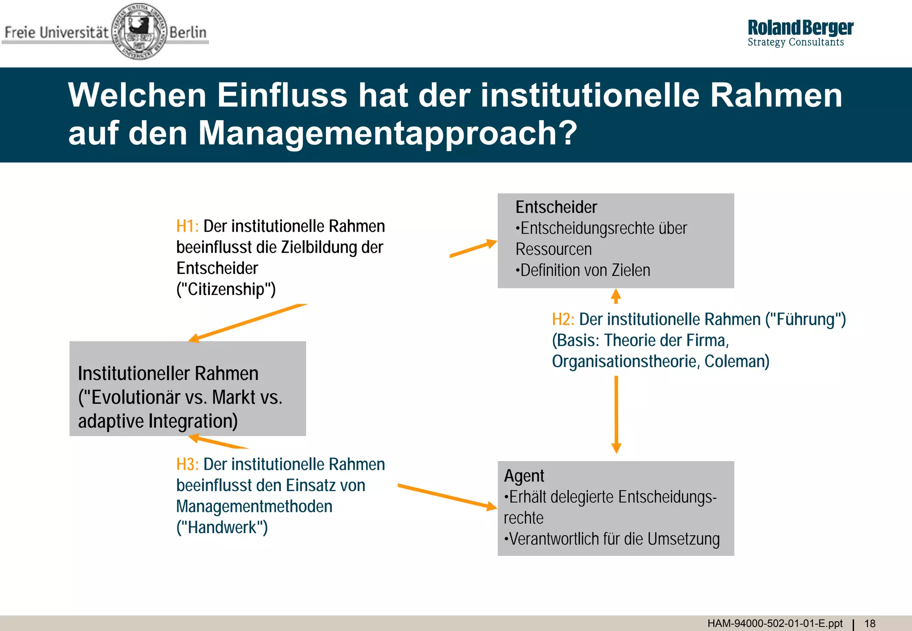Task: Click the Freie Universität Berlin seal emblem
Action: pyautogui.click(x=139, y=31)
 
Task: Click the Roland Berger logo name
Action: pyautogui.click(x=800, y=28)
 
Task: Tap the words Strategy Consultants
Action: pyautogui.click(x=796, y=42)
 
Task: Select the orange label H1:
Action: pyautogui.click(x=187, y=227)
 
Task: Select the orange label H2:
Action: pyautogui.click(x=563, y=320)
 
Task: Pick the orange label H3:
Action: pyautogui.click(x=187, y=465)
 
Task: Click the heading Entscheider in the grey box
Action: pyautogui.click(x=556, y=207)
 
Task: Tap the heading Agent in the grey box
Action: pyautogui.click(x=524, y=476)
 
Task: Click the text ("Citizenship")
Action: pyautogui.click(x=226, y=289)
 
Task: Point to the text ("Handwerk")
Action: pyautogui.click(x=222, y=527)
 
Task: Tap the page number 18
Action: pyautogui.click(x=870, y=623)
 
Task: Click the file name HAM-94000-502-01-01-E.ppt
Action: pyautogui.click(x=775, y=623)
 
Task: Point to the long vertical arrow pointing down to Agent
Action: pyautogui.click(x=616, y=414)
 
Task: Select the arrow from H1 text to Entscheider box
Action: pyautogui.click(x=473, y=249)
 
